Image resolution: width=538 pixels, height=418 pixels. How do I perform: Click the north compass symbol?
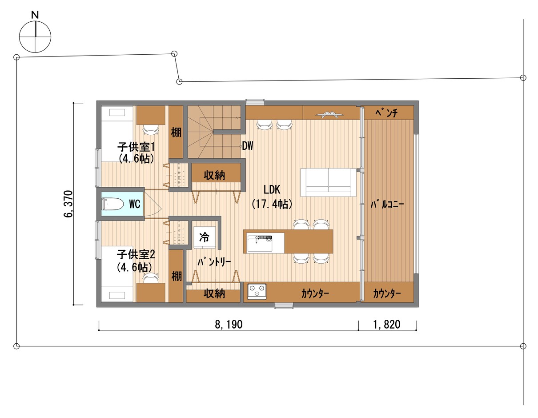[x=35, y=36]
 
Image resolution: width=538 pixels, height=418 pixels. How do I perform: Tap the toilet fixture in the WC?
[x=113, y=204]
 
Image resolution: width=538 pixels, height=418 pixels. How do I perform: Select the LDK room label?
[x=272, y=189]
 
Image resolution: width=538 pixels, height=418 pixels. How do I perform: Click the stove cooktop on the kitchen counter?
[x=257, y=291]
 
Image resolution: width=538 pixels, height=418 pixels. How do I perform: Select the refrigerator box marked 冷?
[x=205, y=237]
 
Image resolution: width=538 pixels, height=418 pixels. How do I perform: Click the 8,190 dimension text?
[x=229, y=325]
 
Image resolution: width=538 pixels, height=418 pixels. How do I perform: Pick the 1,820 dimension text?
[x=387, y=325]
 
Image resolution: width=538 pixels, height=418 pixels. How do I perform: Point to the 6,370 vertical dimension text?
[x=68, y=204]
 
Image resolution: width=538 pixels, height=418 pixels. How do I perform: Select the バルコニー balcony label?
[x=387, y=205]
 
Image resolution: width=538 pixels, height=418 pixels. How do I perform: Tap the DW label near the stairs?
[x=248, y=146]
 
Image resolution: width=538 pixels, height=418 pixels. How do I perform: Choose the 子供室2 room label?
[x=136, y=254]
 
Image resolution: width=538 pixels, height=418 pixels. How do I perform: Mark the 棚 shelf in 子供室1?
[x=176, y=132]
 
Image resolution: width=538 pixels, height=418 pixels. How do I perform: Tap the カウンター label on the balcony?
[x=387, y=293]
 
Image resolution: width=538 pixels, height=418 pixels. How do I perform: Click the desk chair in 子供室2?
[x=151, y=277]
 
